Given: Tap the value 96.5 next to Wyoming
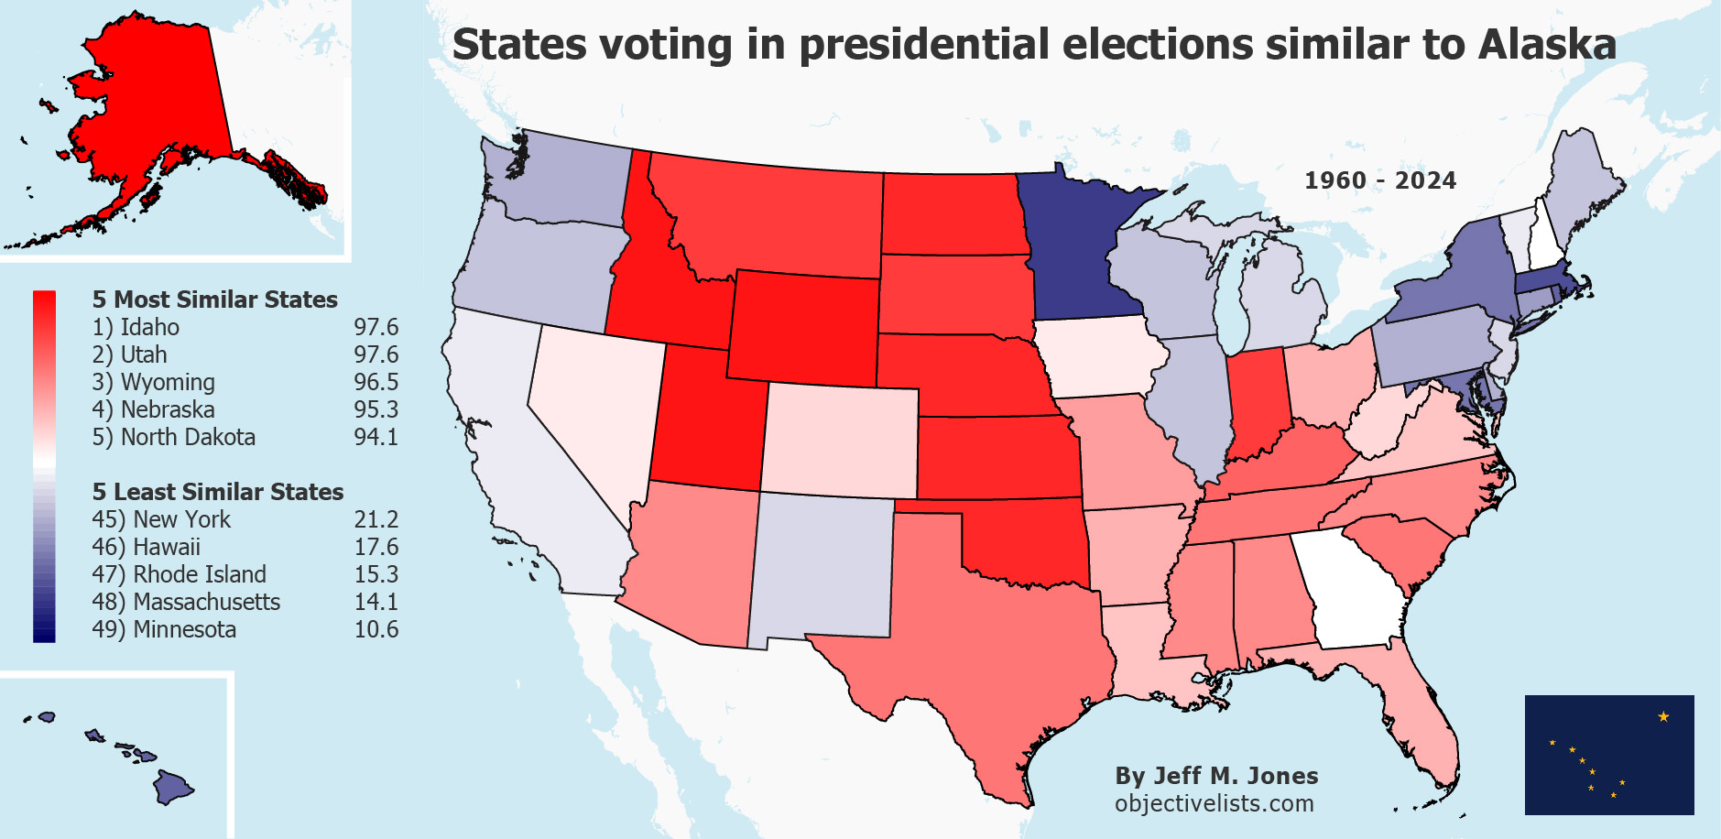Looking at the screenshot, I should pos(376,382).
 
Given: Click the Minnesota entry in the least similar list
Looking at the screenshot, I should pos(184,629).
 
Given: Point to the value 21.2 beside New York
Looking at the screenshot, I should pos(376,519).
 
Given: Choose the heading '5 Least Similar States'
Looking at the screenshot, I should pos(218,492).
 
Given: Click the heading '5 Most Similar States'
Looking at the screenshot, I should pos(214,300).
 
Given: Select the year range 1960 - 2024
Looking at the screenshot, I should pos(1379,180).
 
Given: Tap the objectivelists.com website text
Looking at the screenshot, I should pos(1214,803).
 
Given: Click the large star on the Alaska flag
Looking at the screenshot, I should pos(1663,716).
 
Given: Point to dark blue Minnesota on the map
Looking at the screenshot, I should pos(1072,247).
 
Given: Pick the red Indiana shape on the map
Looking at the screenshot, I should pos(1255,403).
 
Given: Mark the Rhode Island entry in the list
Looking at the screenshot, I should pos(200,574).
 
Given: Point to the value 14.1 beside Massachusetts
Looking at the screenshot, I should pos(376,602).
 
